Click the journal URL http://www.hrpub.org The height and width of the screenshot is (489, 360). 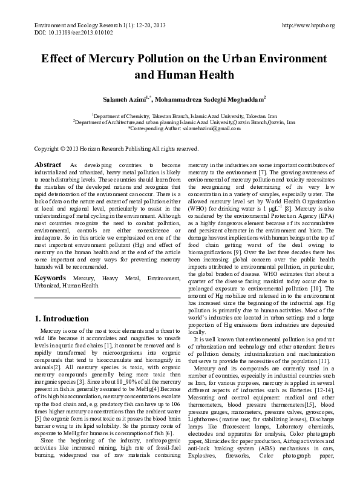coord(309,25)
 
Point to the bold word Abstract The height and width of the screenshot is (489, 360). coord(48,165)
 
